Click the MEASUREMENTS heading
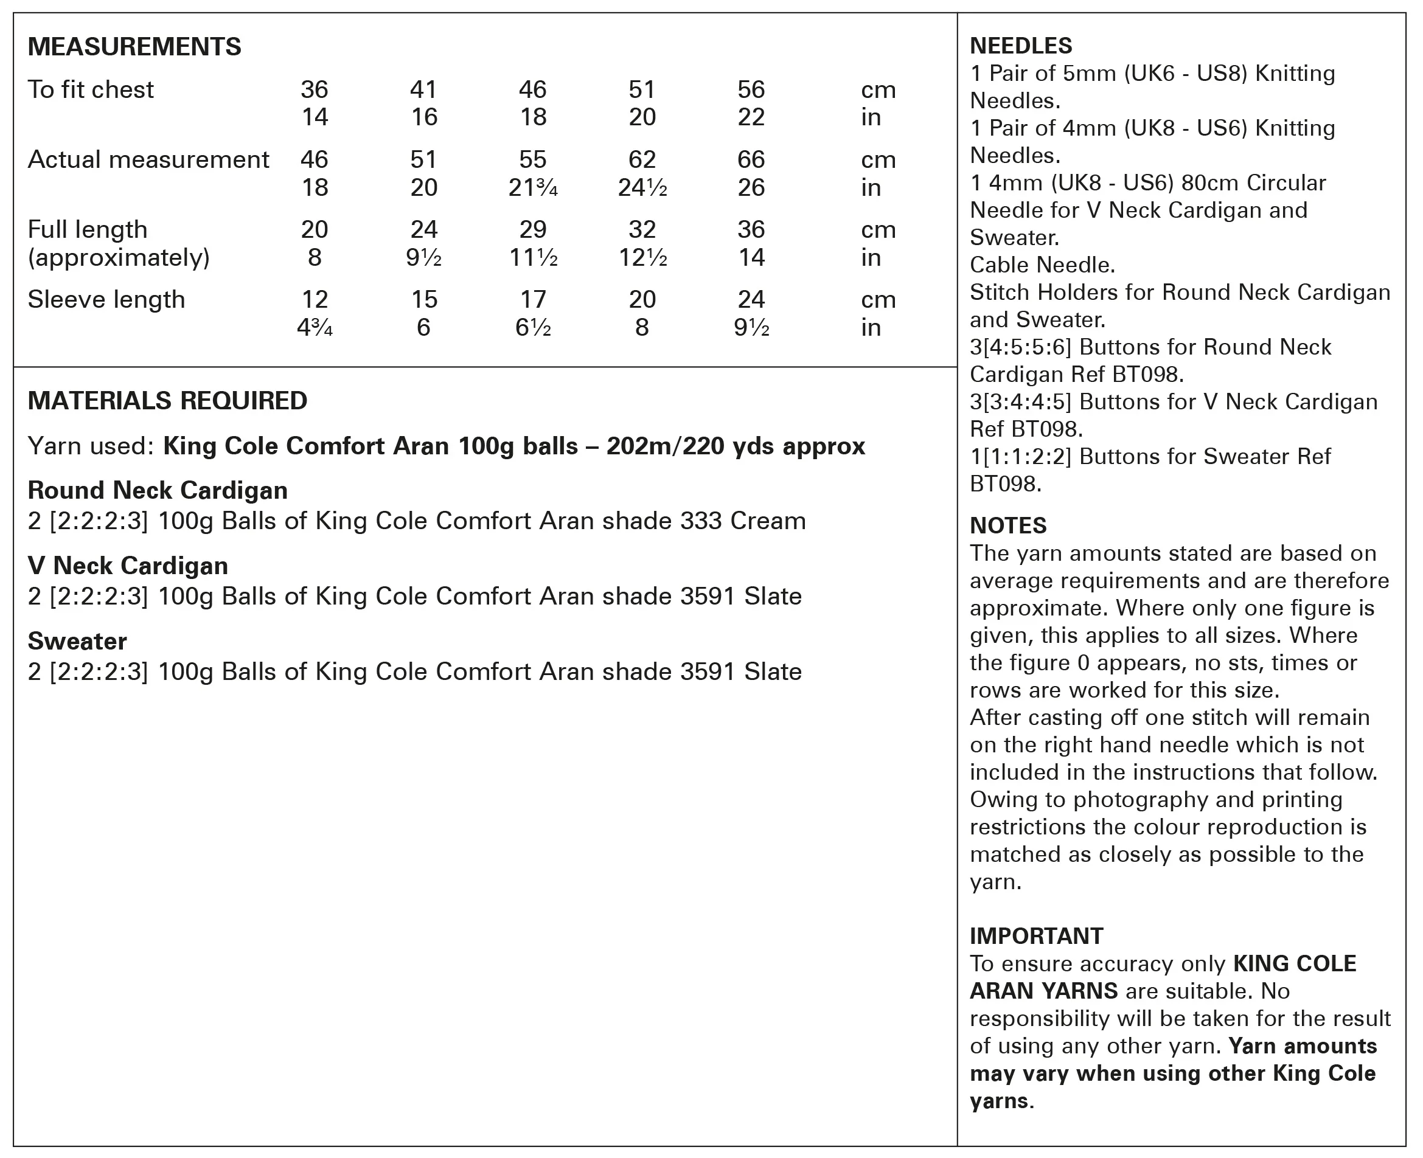[x=134, y=47]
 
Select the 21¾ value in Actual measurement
[x=532, y=188]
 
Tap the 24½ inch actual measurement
[x=642, y=188]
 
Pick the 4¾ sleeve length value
[x=314, y=328]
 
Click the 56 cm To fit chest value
[x=751, y=89]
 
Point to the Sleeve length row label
[x=106, y=299]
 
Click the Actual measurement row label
[x=148, y=159]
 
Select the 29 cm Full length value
[x=532, y=229]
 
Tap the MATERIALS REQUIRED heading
[x=167, y=401]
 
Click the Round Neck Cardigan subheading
[x=158, y=490]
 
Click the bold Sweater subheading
[x=77, y=641]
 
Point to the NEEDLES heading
[x=1021, y=46]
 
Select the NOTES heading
[x=1008, y=525]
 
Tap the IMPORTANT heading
[x=1036, y=936]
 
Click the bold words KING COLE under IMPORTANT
[x=1294, y=964]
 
